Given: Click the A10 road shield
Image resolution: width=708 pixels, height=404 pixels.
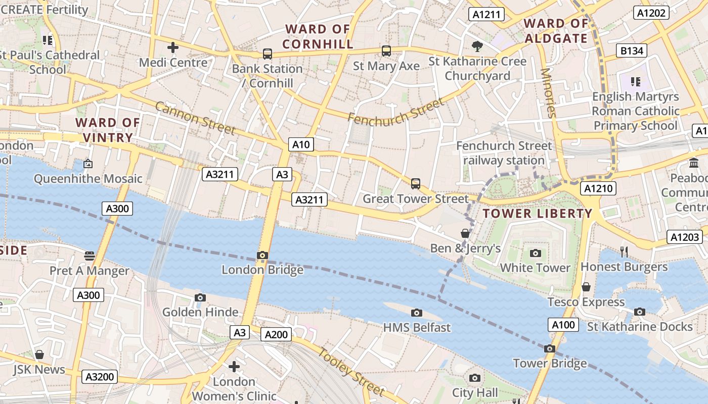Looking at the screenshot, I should [301, 144].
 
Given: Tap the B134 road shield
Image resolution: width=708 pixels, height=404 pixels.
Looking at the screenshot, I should [632, 50].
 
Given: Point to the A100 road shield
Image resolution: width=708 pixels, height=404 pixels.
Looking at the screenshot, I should [563, 324].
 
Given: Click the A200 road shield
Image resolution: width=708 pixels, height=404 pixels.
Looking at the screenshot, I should [276, 334].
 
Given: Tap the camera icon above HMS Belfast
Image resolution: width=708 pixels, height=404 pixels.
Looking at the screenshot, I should [417, 313].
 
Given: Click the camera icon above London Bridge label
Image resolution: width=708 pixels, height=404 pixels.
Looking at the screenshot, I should [262, 255].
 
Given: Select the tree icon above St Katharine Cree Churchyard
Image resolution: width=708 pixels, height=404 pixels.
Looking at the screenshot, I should [477, 46].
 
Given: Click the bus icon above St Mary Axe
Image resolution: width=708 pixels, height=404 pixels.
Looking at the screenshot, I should [386, 51].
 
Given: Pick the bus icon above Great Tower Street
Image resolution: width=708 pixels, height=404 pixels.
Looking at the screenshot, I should [416, 183].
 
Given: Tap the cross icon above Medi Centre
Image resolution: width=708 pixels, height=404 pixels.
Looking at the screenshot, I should [173, 48].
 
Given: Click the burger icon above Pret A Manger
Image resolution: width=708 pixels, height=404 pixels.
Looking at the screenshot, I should [90, 256].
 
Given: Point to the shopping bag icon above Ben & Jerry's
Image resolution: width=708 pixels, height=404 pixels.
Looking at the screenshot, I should [465, 233].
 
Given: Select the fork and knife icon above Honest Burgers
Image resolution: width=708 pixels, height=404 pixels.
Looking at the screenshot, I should [624, 251].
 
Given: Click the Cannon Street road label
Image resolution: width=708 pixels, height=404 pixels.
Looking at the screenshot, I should [195, 119].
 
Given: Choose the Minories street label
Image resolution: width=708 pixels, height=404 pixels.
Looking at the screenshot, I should [548, 93].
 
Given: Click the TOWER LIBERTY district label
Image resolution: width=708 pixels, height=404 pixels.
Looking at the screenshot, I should [537, 213].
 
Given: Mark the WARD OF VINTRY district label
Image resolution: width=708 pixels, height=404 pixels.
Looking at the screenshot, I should [107, 130].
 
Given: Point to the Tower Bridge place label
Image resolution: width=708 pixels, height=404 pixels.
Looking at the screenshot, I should [550, 363].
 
